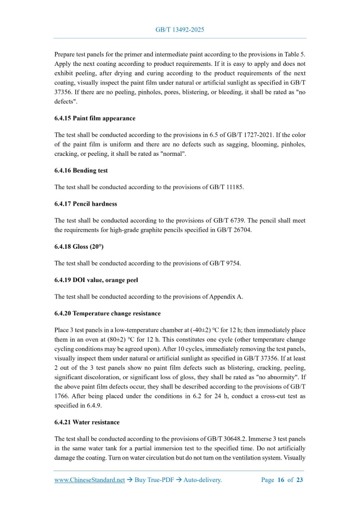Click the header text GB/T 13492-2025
point(180,30)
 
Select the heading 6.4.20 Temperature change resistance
point(107,314)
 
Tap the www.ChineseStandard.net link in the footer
point(90,480)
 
